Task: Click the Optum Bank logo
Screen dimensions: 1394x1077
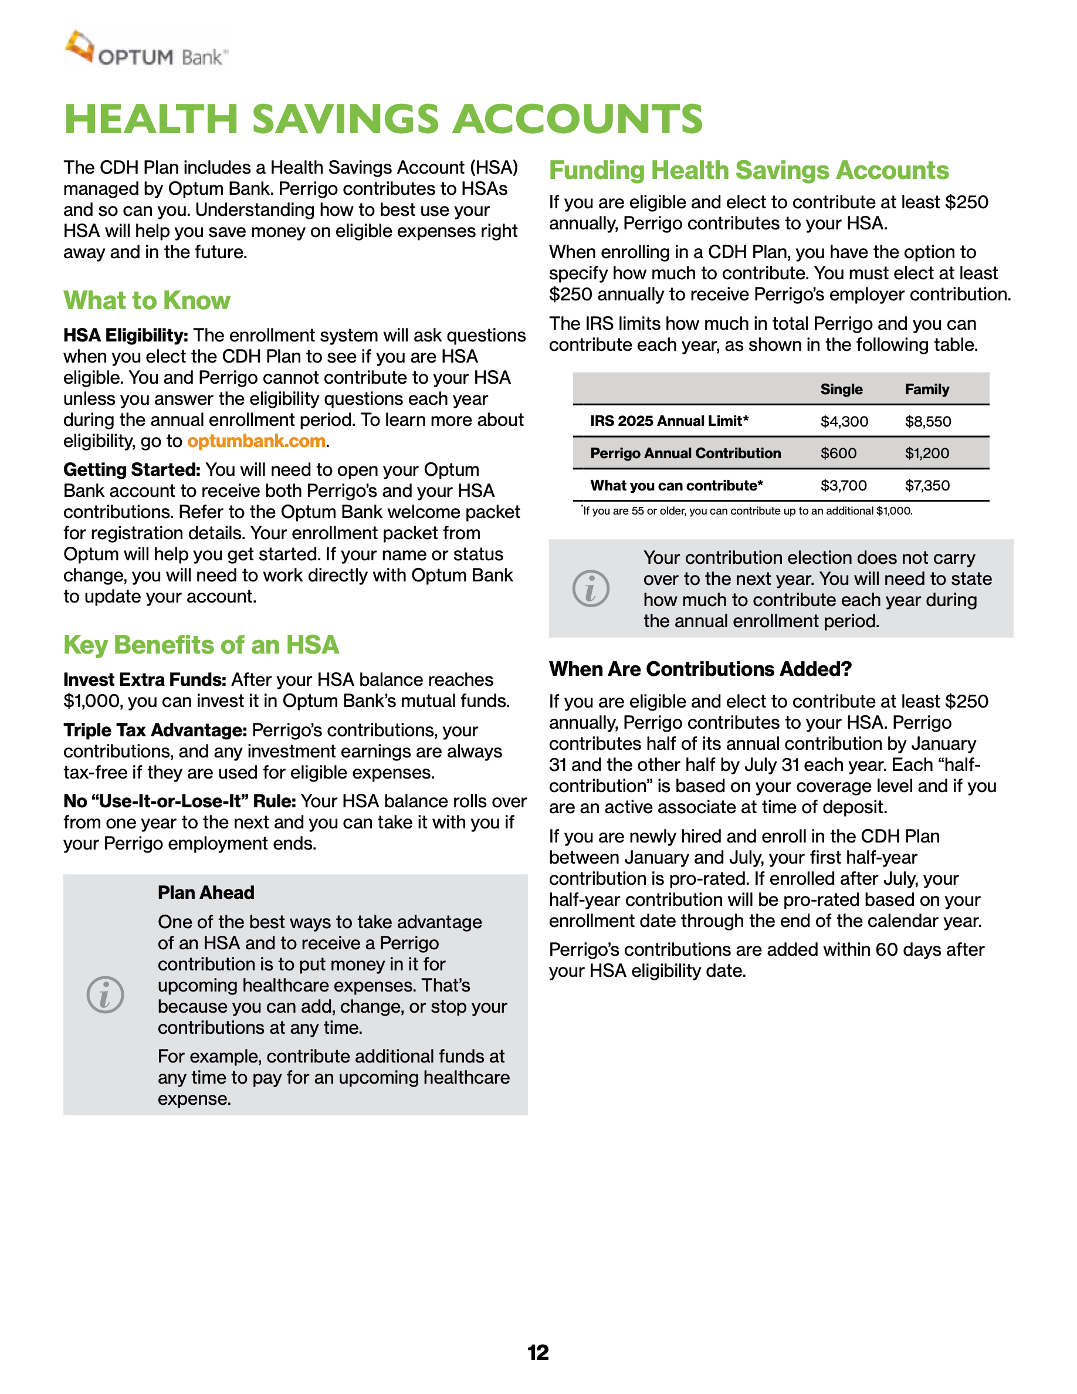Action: click(x=146, y=50)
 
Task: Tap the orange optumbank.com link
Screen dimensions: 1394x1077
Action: click(x=256, y=441)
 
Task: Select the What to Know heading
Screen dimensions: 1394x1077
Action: click(x=147, y=300)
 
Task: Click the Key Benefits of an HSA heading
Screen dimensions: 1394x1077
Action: click(x=201, y=645)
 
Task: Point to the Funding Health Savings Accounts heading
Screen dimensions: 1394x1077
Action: click(x=749, y=170)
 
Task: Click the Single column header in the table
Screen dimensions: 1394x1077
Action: click(x=841, y=390)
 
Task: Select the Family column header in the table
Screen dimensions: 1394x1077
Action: click(x=926, y=390)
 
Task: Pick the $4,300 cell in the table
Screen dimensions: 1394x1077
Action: click(x=844, y=421)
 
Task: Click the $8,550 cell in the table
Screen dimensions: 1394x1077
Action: click(x=927, y=421)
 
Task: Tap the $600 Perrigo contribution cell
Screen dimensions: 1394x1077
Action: click(x=838, y=453)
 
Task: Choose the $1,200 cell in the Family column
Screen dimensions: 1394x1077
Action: click(x=926, y=453)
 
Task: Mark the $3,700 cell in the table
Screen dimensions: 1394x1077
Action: click(x=844, y=486)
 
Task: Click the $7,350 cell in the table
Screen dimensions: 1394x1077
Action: click(x=927, y=486)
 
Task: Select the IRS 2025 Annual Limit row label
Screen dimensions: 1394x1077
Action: click(x=669, y=421)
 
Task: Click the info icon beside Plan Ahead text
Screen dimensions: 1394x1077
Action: click(x=105, y=994)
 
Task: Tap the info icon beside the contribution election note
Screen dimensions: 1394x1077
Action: click(x=591, y=588)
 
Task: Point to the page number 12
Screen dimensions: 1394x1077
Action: click(x=538, y=1352)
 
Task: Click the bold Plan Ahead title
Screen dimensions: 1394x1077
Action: click(x=206, y=892)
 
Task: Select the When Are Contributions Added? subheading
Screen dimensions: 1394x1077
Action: click(x=700, y=669)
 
